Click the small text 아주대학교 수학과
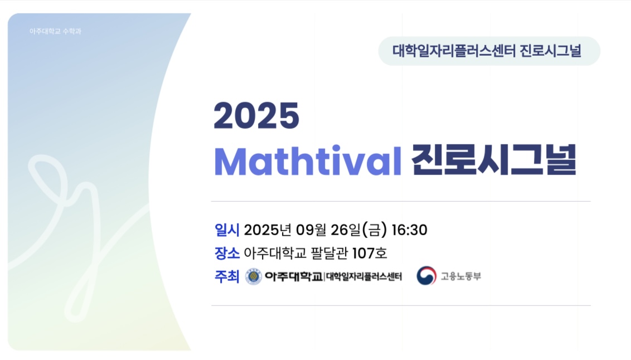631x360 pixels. pos(55,31)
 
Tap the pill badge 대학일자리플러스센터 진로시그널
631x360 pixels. pos(489,51)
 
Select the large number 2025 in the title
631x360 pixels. pos(256,116)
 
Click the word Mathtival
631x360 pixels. pos(308,161)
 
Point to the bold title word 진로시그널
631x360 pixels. pos(494,160)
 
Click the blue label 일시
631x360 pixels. pos(227,230)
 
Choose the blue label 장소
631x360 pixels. pos(227,253)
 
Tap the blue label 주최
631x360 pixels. pos(227,276)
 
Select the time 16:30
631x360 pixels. pos(409,230)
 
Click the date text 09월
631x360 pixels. pos(311,230)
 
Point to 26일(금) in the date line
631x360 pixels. pos(358,230)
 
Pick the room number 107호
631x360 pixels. pos(370,254)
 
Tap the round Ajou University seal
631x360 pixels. pos(254,276)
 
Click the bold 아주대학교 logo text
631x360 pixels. pos(294,276)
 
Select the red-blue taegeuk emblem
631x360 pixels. pos(426,275)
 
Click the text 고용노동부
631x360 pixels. pos(461,276)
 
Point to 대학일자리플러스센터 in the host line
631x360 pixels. pos(364,277)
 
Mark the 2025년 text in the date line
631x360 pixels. pos(268,230)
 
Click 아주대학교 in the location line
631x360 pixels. pos(275,254)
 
